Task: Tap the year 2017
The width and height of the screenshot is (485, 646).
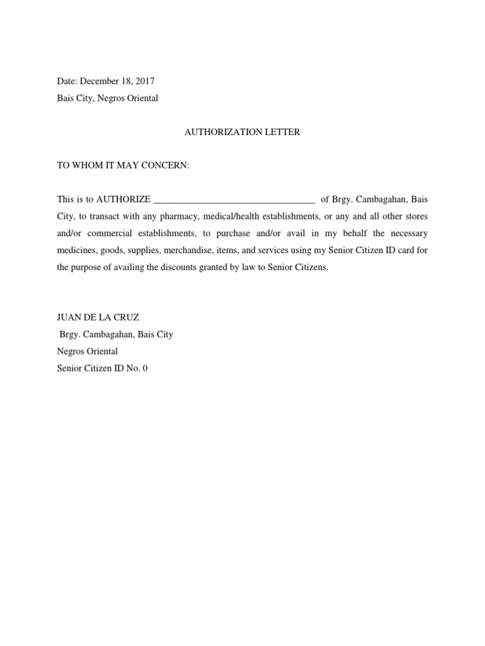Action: (x=144, y=81)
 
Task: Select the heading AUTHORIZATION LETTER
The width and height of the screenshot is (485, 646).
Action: (x=242, y=132)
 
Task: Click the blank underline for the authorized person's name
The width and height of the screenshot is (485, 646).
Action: (x=234, y=201)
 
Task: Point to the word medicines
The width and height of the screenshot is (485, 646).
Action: (x=76, y=250)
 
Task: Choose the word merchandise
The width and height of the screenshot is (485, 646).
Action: (x=199, y=250)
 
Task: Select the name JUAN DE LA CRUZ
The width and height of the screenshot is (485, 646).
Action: (x=98, y=317)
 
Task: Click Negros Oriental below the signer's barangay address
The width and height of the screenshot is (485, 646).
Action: (x=87, y=351)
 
